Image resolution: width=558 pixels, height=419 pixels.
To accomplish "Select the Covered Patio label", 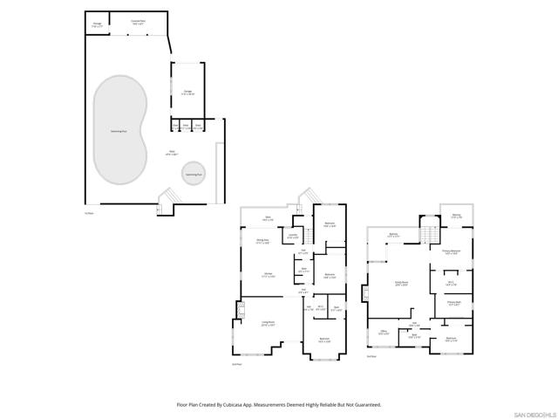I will [x=138, y=22].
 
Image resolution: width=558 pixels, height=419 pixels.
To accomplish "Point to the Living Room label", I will [x=269, y=323].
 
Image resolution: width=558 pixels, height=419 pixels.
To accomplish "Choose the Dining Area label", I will [x=262, y=241].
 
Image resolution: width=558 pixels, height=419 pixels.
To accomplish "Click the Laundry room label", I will [x=293, y=236].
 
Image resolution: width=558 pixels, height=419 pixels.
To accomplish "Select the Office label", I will [x=383, y=333].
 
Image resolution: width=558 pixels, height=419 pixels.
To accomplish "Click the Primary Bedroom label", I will [x=451, y=251].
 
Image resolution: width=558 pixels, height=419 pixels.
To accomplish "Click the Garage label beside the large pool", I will [x=187, y=92].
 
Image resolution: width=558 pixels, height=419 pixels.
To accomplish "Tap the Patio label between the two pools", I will [x=172, y=153].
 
